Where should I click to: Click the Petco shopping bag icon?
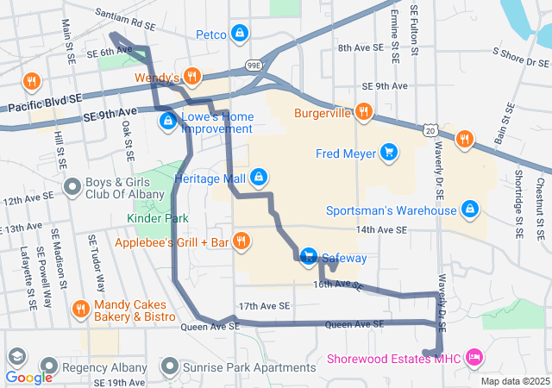click(240, 34)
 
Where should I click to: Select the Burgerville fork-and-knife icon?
click(364, 112)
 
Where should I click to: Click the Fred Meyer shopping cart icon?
click(389, 153)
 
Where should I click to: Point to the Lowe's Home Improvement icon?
click(166, 121)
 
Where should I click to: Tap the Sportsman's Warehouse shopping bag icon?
click(470, 210)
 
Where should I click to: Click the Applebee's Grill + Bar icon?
click(241, 242)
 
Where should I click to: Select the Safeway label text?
click(344, 258)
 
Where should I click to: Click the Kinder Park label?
click(157, 219)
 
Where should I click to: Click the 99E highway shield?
click(254, 65)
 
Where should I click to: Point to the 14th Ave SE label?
click(381, 229)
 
